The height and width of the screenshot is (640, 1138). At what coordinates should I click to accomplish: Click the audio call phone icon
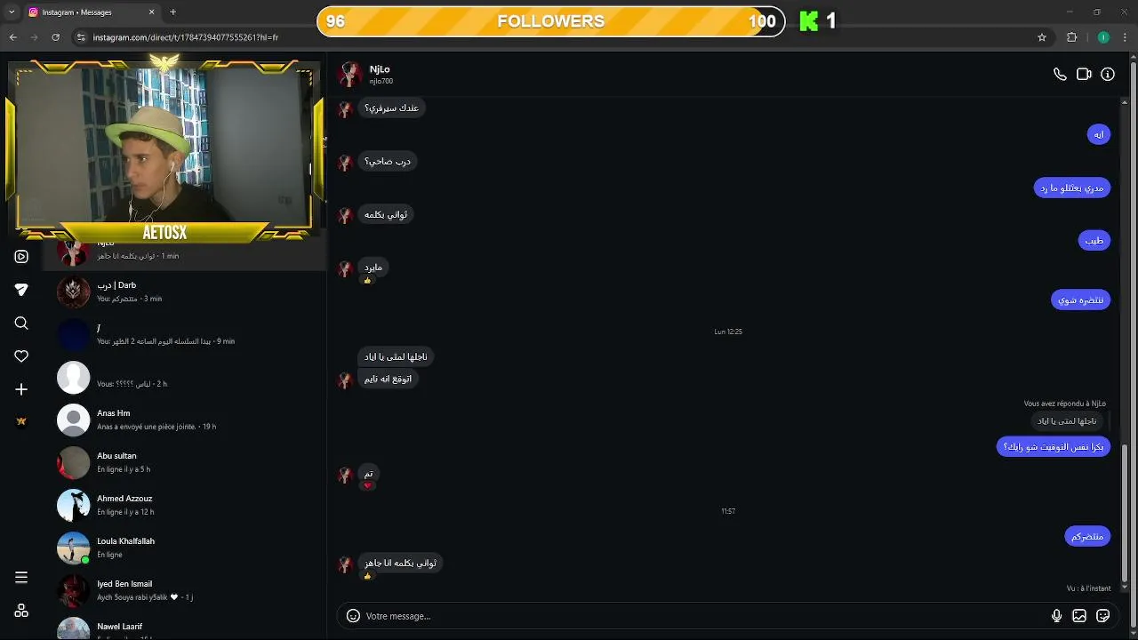click(1060, 75)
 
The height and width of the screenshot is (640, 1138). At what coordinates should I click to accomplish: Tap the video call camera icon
click(1084, 75)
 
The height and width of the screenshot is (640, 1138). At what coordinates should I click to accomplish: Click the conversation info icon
click(1108, 75)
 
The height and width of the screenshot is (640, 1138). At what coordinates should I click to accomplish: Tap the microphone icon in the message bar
click(1056, 616)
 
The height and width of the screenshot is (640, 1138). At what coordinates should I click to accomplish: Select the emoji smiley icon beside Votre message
click(353, 616)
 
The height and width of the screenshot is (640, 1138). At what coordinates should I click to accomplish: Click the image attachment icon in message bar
click(1079, 616)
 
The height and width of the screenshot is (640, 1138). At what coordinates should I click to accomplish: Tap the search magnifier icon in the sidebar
click(21, 324)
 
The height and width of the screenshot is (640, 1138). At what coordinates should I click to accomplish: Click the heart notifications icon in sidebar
click(21, 356)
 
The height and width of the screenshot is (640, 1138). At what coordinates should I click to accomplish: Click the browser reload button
click(55, 37)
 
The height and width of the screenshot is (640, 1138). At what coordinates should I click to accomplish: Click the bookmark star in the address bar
click(1042, 37)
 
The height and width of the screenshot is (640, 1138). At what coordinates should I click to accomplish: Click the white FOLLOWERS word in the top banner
click(550, 21)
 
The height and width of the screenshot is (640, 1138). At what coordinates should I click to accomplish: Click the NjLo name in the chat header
click(380, 69)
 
